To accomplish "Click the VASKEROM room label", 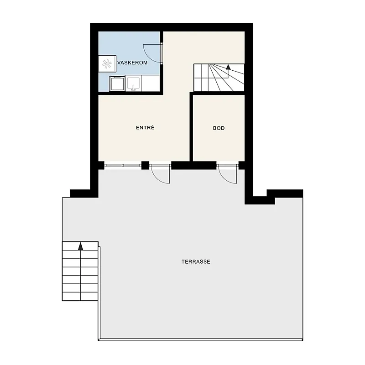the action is pos(132,63).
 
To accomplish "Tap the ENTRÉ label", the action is pos(145,128).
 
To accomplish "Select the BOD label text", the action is pos(219,128).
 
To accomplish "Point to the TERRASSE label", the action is pos(196,261).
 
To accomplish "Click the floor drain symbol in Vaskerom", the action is pos(107,63).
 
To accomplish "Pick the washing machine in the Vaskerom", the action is pos(117,83).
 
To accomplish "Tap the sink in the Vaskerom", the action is pos(133,83).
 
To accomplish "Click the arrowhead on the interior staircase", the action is pos(228,67).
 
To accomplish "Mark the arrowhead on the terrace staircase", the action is pos(81,246).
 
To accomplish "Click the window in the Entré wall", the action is pos(123,165).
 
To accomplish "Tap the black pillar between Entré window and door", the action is pos(145,165).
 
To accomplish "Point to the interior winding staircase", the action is pos(219,78).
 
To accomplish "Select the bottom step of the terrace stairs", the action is pos(80,296).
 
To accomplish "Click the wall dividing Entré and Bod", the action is pos(191,126).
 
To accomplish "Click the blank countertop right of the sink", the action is pos(151,83).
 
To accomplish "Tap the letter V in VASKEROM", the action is pos(119,63).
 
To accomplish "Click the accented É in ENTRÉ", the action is pos(153,127).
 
